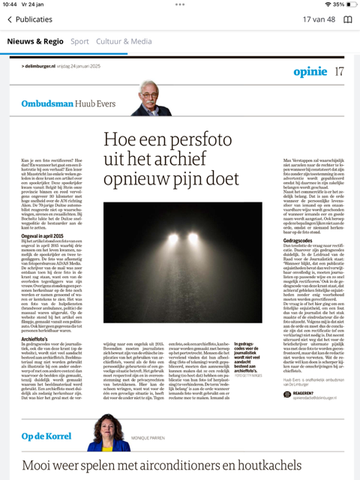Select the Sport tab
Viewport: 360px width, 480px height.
79,41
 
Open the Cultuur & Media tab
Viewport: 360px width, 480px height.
123,41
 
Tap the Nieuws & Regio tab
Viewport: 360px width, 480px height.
34,41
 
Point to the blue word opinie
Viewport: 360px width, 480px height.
310,71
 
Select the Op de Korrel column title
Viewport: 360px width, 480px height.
46,436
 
